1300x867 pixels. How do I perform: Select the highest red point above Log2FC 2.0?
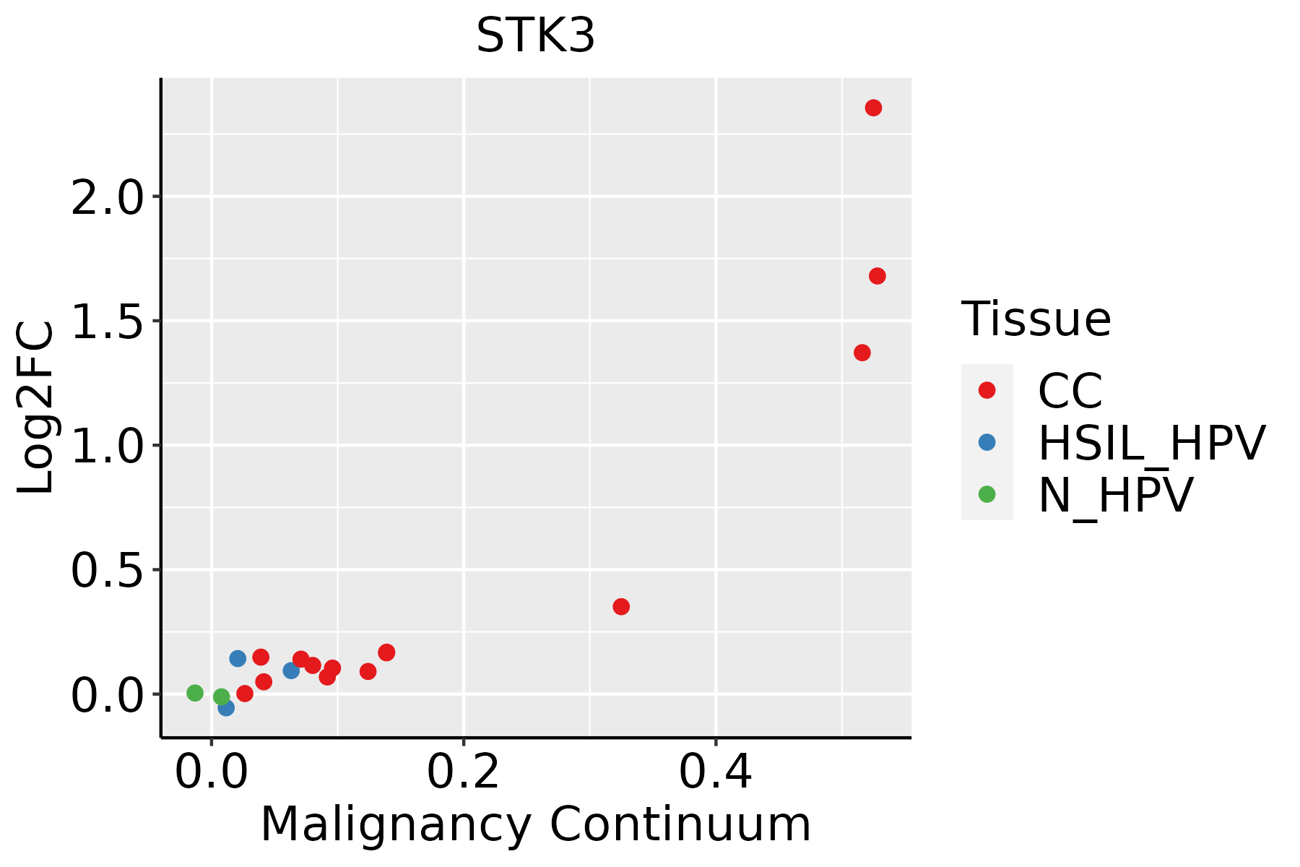tap(873, 108)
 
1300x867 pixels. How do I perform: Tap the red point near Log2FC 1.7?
tap(877, 276)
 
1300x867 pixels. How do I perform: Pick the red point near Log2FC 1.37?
tap(862, 353)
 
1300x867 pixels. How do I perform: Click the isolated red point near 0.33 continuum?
tap(621, 606)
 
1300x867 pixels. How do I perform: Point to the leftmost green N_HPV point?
tap(195, 693)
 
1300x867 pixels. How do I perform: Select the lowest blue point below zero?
tap(226, 708)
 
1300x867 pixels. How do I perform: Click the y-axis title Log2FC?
tap(36, 408)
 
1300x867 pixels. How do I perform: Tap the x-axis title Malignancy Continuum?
tap(535, 824)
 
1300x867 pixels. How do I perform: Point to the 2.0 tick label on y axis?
tap(108, 197)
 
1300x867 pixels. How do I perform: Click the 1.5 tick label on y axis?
tap(108, 322)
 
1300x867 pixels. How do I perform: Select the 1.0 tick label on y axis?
tap(108, 446)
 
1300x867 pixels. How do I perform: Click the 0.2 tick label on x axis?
tap(463, 772)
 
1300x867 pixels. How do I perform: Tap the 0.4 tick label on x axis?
tap(715, 772)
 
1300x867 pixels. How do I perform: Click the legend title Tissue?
tap(1036, 319)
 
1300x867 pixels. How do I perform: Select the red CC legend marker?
tap(987, 390)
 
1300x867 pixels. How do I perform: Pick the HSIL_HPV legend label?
tap(1151, 443)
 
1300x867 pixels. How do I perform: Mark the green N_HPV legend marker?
tap(987, 494)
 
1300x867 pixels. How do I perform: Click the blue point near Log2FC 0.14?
tap(238, 658)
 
